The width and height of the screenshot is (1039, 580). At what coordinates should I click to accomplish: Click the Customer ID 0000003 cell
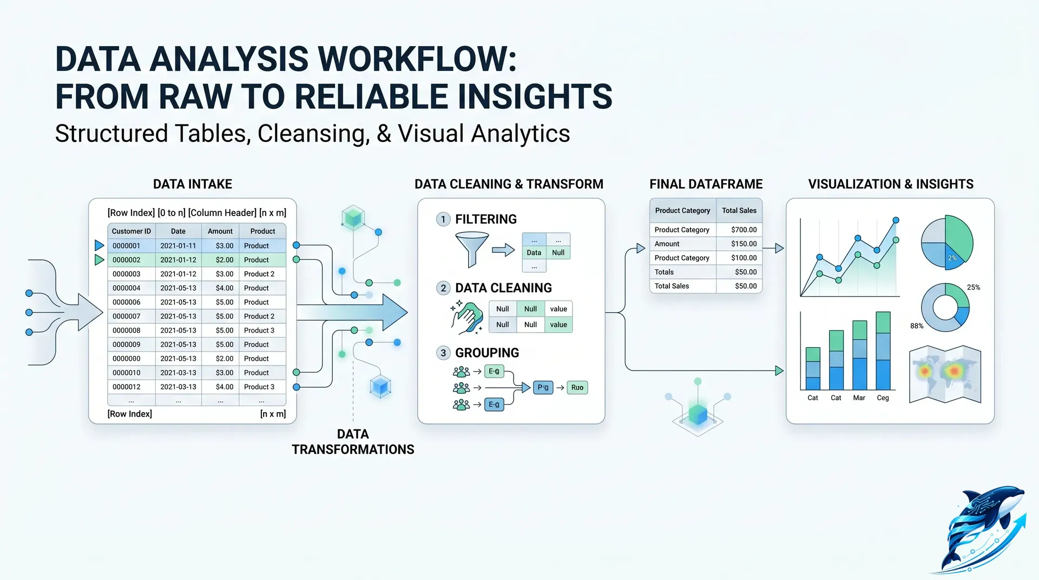[x=126, y=274]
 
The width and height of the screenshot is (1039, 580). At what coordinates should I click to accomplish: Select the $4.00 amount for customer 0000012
[x=224, y=387]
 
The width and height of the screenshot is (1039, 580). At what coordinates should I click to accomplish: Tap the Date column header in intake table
[x=178, y=231]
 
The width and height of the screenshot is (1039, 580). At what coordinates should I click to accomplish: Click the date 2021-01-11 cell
[x=178, y=246]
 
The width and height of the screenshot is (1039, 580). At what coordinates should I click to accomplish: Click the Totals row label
[x=664, y=272]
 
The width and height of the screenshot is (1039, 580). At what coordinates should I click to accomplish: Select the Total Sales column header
[x=739, y=211]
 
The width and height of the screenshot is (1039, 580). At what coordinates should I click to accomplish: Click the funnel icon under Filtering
[x=472, y=249]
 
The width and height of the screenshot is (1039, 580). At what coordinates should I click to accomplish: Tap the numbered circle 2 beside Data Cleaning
[x=443, y=288]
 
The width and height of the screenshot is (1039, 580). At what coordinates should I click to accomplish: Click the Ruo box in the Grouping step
[x=577, y=388]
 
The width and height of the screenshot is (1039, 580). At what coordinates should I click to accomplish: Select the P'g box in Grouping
[x=543, y=388]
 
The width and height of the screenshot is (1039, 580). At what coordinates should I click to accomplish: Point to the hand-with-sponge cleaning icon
[x=467, y=317]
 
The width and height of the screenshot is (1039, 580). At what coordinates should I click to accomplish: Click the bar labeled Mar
[x=859, y=355]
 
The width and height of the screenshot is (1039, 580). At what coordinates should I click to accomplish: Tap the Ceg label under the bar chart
[x=883, y=398]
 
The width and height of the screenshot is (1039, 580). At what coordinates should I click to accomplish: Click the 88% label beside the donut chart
[x=916, y=326]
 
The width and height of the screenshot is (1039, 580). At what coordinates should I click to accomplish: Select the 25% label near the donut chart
[x=973, y=288]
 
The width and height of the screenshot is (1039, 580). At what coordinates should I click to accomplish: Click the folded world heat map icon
[x=945, y=374]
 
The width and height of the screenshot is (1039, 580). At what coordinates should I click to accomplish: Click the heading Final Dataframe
[x=706, y=184]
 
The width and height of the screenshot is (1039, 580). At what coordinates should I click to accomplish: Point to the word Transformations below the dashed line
[x=353, y=449]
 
